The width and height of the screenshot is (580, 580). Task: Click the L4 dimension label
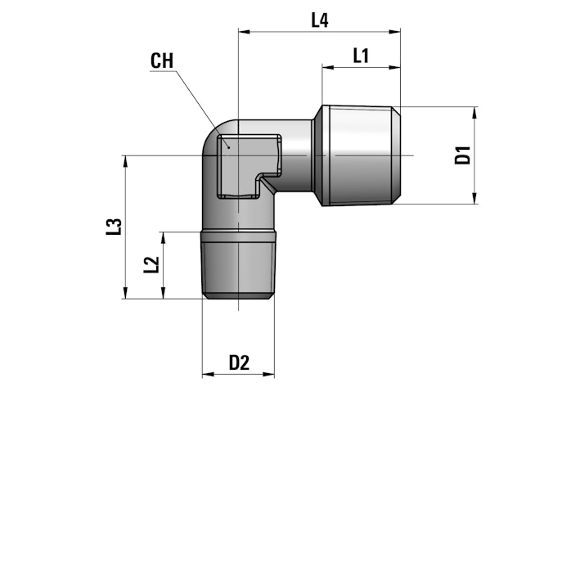click(320, 20)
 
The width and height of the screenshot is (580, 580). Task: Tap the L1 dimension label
click(361, 56)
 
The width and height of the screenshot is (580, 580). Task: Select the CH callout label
click(162, 61)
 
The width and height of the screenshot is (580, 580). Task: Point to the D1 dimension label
click(463, 155)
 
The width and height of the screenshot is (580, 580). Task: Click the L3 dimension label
click(114, 227)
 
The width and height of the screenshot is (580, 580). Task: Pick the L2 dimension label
click(151, 265)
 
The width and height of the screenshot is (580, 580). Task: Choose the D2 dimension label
click(239, 362)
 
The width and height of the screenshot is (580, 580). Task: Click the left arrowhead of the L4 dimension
click(245, 32)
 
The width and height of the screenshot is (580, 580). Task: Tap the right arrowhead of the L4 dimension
click(394, 32)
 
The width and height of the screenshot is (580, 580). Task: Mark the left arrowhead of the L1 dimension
click(328, 67)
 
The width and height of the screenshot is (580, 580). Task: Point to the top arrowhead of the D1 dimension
click(474, 112)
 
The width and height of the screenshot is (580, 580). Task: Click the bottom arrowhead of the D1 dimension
click(474, 198)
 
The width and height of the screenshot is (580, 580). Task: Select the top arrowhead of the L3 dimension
click(125, 161)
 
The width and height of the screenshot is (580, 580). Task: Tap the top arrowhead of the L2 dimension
click(163, 238)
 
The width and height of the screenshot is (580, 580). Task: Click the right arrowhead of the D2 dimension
click(268, 375)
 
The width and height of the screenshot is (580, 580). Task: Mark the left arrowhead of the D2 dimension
click(208, 375)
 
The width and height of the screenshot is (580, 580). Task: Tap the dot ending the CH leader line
click(229, 147)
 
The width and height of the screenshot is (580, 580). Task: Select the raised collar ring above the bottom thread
click(239, 236)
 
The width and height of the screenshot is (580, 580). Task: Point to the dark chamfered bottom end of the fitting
click(239, 296)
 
